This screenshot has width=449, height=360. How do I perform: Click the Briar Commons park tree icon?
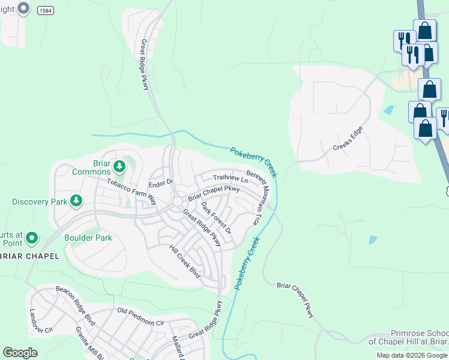[x=119, y=165]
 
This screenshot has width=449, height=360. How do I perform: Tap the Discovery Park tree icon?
[x=76, y=200]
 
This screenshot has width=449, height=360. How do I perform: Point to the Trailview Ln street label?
[x=231, y=178]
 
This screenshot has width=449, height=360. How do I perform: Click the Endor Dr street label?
[x=160, y=182]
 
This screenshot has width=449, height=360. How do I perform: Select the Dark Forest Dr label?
[x=215, y=218]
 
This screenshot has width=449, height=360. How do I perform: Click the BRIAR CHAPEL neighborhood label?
[x=29, y=256]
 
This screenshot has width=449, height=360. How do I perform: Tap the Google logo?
[x=20, y=352]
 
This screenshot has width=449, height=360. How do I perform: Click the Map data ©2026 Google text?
[x=411, y=355]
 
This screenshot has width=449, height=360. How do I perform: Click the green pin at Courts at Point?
[x=31, y=238]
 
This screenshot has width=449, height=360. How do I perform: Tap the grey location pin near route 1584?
[x=23, y=9]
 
